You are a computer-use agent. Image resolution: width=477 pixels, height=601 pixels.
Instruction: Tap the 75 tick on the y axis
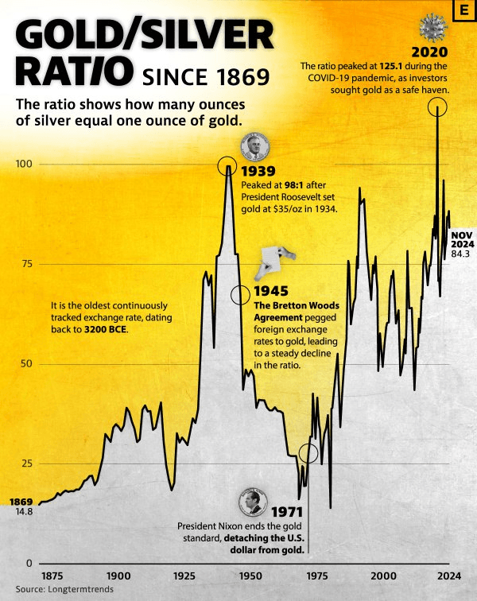click(26, 264)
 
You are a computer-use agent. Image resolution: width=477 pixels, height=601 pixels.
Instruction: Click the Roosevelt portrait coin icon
click(255, 147)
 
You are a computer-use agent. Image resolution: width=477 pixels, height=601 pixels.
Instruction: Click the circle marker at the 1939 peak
click(228, 167)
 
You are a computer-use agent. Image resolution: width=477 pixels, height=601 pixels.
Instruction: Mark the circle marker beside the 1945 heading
click(239, 295)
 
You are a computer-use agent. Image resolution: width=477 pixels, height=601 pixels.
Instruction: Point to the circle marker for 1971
click(308, 453)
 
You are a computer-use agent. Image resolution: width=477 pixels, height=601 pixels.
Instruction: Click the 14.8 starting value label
click(23, 513)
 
